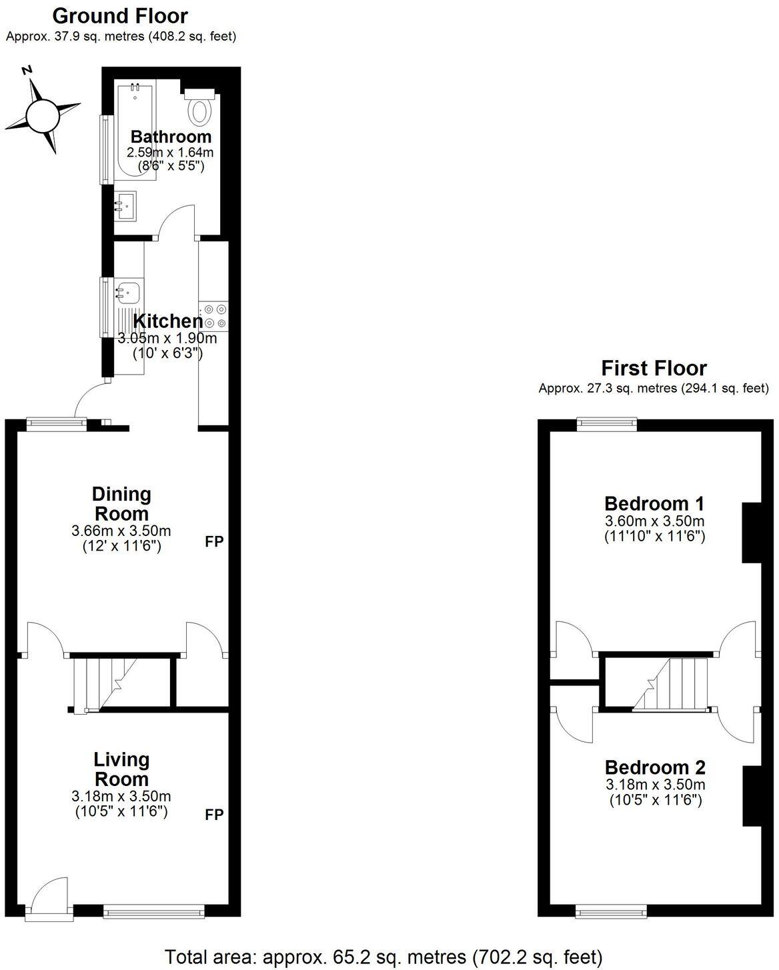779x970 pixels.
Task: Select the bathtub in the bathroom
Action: pyautogui.click(x=134, y=133)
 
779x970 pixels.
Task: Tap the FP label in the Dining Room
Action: pyautogui.click(x=213, y=541)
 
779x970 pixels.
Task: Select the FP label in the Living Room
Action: pyautogui.click(x=213, y=814)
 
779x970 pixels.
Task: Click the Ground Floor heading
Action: pyautogui.click(x=120, y=15)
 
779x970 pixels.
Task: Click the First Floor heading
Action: pyautogui.click(x=654, y=368)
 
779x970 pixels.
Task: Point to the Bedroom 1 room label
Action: pyautogui.click(x=654, y=503)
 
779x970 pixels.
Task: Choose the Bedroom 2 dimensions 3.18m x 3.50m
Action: pyautogui.click(x=654, y=785)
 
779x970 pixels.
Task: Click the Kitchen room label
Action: pyautogui.click(x=167, y=321)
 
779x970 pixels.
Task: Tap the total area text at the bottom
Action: pyautogui.click(x=383, y=957)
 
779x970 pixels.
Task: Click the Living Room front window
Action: pyautogui.click(x=154, y=910)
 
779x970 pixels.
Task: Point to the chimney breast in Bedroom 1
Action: pyautogui.click(x=751, y=532)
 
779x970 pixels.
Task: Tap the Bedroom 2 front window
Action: pyautogui.click(x=612, y=910)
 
